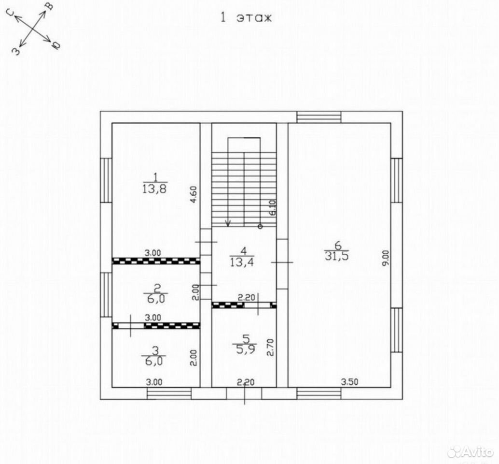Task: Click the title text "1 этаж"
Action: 247,17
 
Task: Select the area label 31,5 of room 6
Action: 337,256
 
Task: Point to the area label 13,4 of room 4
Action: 243,262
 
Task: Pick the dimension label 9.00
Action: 386,259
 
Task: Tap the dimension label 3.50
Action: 349,381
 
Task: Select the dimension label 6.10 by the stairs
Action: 273,208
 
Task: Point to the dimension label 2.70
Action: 271,348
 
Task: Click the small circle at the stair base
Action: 260,227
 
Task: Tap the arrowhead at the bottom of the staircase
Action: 228,224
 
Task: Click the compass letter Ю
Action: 56,45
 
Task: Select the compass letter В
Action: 50,6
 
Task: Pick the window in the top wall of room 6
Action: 319,117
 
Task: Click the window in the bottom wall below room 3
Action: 169,393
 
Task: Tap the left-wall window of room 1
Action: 106,180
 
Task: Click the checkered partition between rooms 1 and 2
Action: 156,261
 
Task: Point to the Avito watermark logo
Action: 470,452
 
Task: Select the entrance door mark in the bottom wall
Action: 244,393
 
